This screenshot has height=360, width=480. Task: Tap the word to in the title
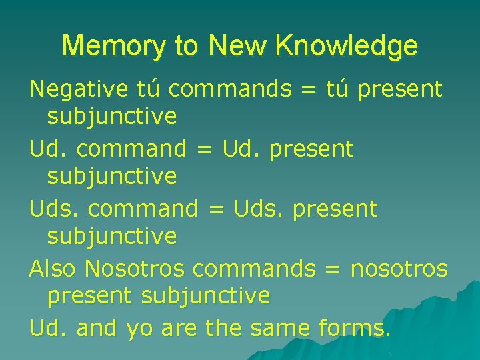pos(186,46)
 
